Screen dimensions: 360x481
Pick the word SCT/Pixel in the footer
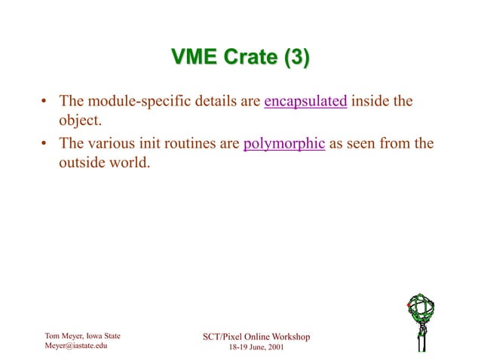(x=219, y=336)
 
